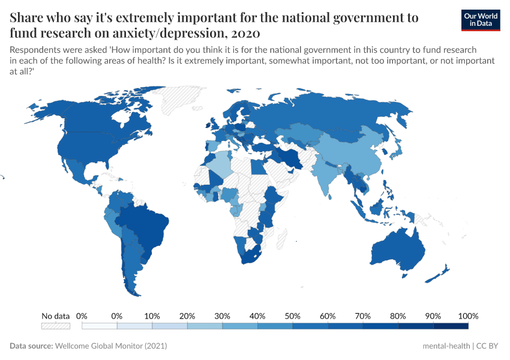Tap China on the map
point(354,153)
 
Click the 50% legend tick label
point(292,316)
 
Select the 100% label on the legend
point(467,316)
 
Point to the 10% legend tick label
point(152,316)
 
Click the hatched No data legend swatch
point(55,326)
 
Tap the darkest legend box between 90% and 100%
point(450,326)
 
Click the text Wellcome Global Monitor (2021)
point(110,346)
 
